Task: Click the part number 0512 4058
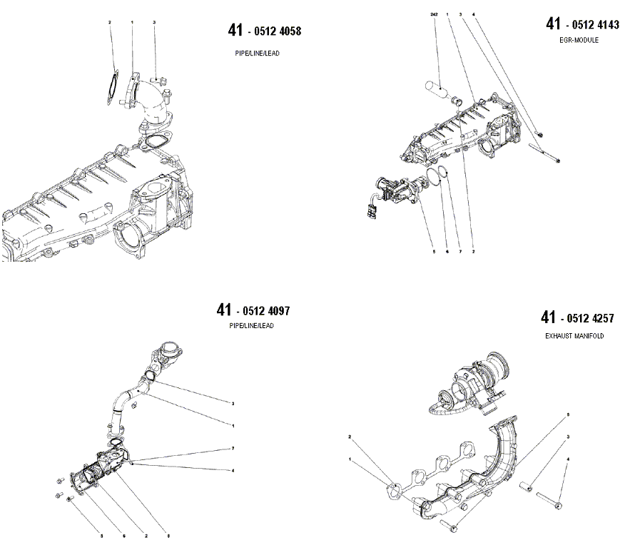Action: [x=275, y=31]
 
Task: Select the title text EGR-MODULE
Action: [x=579, y=41]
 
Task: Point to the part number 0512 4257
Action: [x=588, y=319]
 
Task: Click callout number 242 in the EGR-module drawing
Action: [x=435, y=14]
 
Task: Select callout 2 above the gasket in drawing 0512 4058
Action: [x=110, y=23]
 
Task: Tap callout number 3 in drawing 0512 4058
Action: [x=154, y=23]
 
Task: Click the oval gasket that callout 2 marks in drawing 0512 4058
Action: [x=111, y=88]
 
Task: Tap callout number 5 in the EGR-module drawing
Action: [x=432, y=251]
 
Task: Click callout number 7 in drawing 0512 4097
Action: [x=233, y=448]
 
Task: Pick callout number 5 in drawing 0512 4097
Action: [x=101, y=535]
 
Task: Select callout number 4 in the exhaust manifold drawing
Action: [x=568, y=459]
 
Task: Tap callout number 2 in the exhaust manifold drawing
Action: [x=350, y=436]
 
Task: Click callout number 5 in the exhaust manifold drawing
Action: [x=568, y=414]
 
